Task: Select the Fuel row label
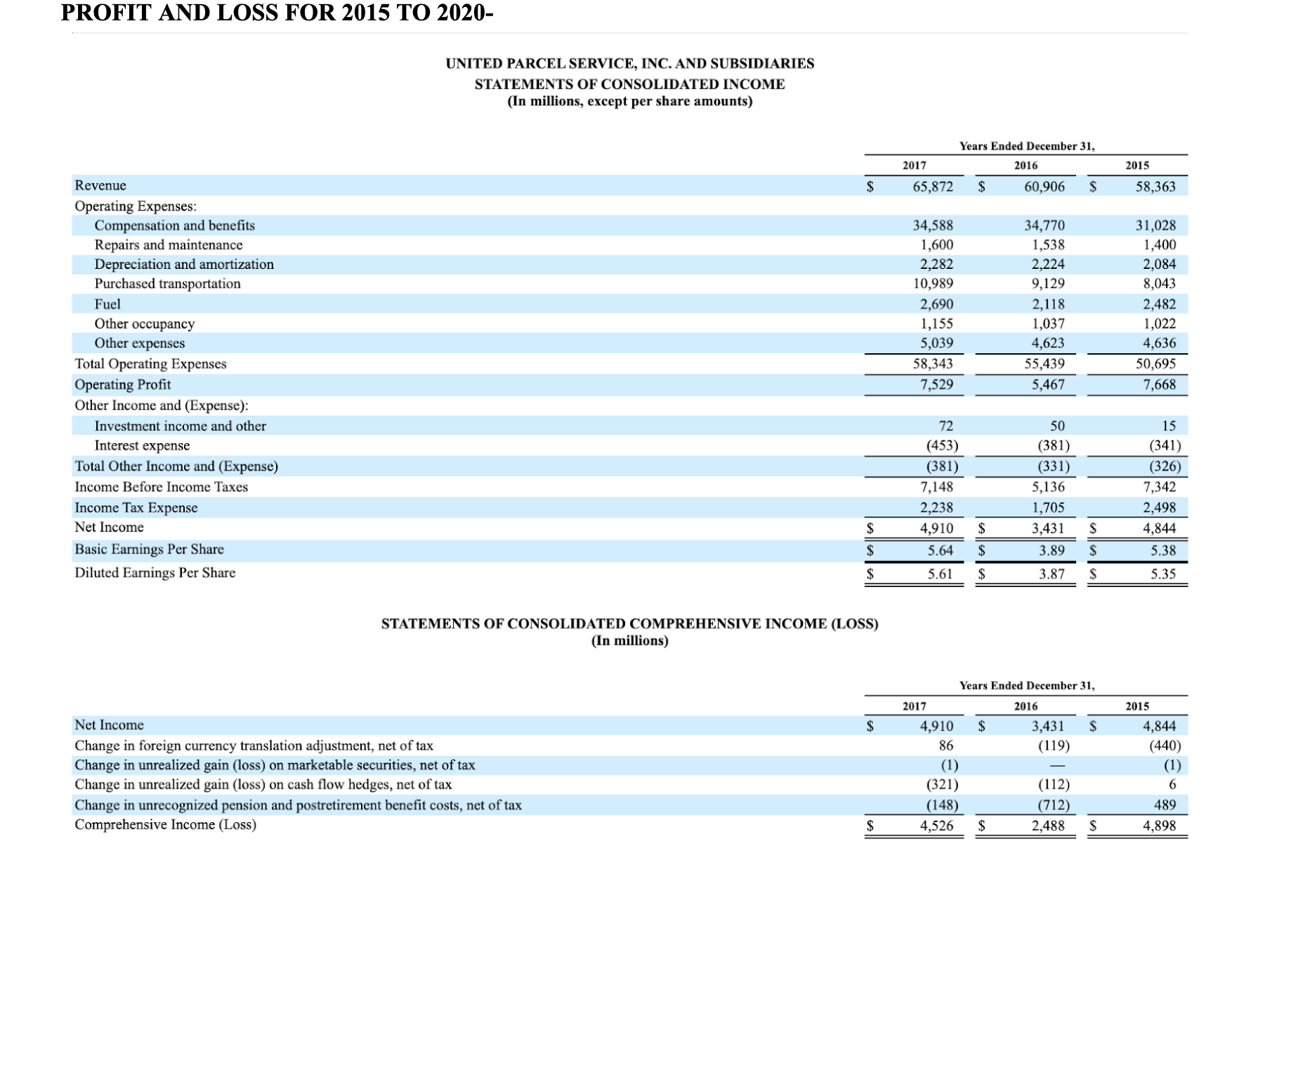107,304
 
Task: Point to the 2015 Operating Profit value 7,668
1159,385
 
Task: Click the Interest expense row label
142,446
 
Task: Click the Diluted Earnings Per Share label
155,573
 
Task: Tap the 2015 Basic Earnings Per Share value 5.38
1163,551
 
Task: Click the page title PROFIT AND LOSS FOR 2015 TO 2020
277,13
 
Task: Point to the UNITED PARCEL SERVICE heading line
630,64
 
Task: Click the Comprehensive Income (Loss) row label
165,825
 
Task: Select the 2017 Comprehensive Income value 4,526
936,826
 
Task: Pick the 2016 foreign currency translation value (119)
1054,746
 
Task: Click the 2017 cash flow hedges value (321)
942,785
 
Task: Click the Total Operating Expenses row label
150,364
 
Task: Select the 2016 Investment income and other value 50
1057,426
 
